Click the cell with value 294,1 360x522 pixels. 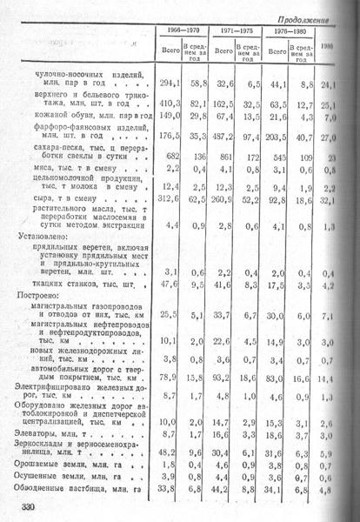[169, 84]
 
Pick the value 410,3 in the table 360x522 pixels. [169, 105]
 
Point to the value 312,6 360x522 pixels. [169, 199]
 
